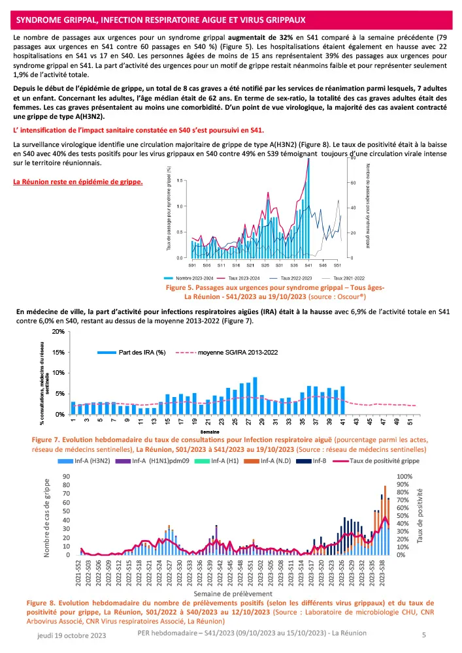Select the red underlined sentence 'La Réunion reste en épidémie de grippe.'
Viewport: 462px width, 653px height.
[x=78, y=182]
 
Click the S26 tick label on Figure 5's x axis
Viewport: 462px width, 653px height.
[x=265, y=266]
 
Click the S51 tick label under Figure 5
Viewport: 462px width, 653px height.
[x=337, y=266]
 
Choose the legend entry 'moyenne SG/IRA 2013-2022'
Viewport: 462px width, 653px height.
[x=235, y=353]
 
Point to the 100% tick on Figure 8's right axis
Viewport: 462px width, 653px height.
[x=406, y=477]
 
